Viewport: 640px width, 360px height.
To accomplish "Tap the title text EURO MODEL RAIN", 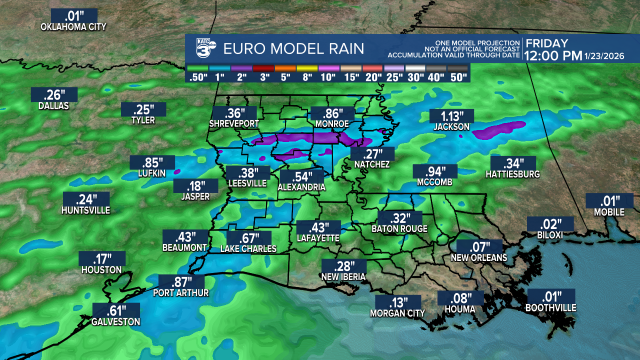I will pos(293,49).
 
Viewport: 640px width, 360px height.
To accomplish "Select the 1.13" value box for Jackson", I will pos(451,116).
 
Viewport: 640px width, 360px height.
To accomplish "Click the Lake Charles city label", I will pos(248,248).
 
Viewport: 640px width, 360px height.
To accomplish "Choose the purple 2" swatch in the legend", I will pos(240,67).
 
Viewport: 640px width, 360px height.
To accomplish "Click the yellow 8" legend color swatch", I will pos(306,67).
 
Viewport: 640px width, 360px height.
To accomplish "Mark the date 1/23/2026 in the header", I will pos(604,56).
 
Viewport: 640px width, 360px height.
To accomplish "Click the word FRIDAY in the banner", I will pos(547,43).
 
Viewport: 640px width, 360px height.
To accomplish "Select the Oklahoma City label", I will pos(73,27).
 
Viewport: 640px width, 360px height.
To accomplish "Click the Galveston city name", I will pos(115,321).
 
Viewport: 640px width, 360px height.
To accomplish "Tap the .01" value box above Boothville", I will pos(550,296).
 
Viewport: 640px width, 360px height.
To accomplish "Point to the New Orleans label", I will pos(479,258).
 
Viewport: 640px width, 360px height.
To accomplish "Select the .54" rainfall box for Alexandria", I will pos(302,176).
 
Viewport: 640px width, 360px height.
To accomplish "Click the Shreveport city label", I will pos(234,123).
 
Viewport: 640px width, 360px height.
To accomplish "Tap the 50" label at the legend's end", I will pos(458,77).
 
